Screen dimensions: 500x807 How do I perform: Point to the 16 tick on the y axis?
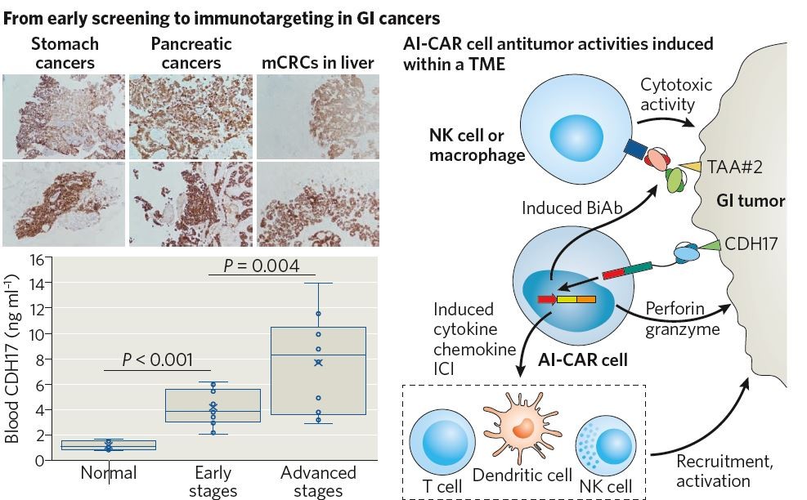pyautogui.click(x=35, y=260)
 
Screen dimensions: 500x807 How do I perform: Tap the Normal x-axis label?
pyautogui.click(x=109, y=473)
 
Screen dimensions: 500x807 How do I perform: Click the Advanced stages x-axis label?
pyautogui.click(x=318, y=481)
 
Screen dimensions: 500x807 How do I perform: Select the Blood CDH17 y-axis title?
pyautogui.click(x=13, y=359)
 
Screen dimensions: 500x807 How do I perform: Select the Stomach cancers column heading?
pyautogui.click(x=65, y=53)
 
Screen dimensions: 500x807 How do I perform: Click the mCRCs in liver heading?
pyautogui.click(x=317, y=63)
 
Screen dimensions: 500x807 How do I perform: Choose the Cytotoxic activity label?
pyautogui.click(x=676, y=94)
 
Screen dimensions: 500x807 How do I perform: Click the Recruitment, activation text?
pyautogui.click(x=723, y=471)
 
